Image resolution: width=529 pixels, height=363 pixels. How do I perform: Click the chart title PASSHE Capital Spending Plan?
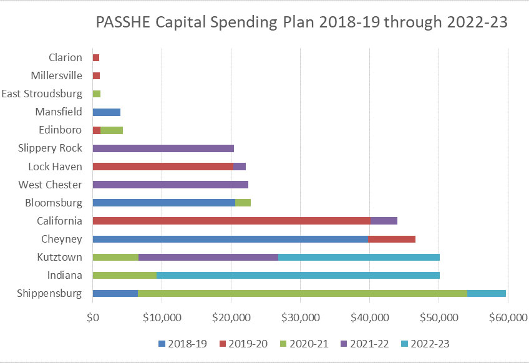(302, 23)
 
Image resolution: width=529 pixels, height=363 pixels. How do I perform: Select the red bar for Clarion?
(96, 58)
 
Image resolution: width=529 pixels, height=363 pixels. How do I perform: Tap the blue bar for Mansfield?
(106, 112)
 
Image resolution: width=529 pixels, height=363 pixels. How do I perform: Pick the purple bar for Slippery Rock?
(163, 148)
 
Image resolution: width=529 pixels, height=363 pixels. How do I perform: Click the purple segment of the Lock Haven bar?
(240, 167)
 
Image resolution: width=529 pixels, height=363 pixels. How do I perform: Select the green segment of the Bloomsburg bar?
(243, 203)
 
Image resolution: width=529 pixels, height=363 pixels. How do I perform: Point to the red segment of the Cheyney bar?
(392, 239)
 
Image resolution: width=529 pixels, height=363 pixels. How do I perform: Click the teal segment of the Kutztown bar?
(359, 257)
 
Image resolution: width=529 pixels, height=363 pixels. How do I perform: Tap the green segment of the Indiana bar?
(124, 275)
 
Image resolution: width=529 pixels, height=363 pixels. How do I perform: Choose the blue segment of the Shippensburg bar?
(115, 293)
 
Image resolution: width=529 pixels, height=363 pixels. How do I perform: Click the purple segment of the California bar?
(384, 221)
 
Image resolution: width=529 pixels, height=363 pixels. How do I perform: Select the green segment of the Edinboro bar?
(112, 130)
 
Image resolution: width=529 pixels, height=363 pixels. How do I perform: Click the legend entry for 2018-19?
(182, 344)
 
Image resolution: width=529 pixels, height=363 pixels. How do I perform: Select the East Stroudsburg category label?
(42, 94)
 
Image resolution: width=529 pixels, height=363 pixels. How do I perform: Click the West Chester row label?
(50, 185)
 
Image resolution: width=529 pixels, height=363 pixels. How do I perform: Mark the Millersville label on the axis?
(56, 76)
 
